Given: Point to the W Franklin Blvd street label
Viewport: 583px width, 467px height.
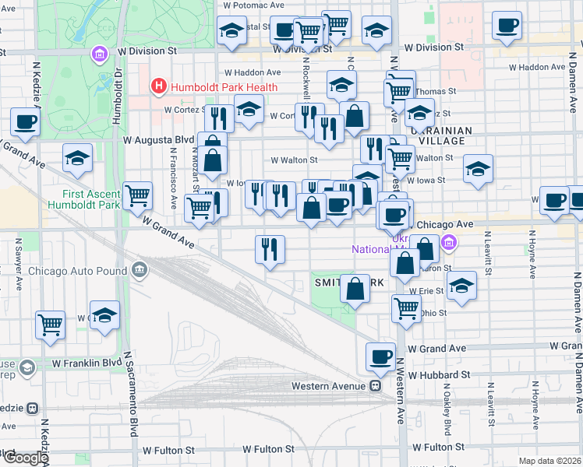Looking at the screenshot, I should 87,363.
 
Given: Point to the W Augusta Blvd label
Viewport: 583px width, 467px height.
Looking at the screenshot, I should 158,140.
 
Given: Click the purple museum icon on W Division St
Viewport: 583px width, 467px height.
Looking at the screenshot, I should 99,54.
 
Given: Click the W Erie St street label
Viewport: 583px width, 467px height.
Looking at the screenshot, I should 431,290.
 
